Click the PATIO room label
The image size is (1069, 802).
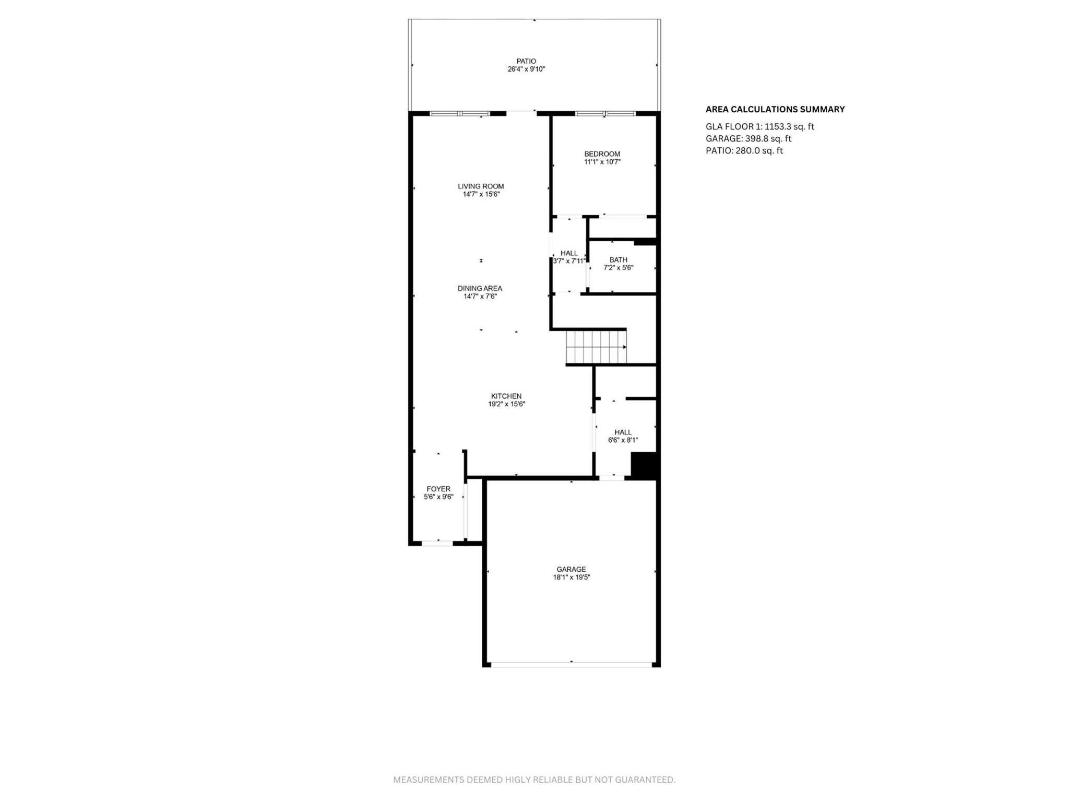[x=526, y=61]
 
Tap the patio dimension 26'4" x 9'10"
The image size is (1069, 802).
[x=526, y=69]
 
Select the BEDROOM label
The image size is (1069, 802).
[x=602, y=154]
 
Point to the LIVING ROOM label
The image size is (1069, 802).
[x=481, y=186]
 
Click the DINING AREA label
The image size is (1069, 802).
[x=480, y=288]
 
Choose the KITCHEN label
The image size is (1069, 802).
[x=506, y=396]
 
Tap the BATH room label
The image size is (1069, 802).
[x=618, y=260]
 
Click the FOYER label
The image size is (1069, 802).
[x=438, y=489]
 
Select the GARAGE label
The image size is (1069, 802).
[x=571, y=570]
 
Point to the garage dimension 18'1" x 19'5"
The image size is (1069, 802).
[x=571, y=577]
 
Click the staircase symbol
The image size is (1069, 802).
[x=596, y=347]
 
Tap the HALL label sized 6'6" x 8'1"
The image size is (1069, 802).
[x=623, y=432]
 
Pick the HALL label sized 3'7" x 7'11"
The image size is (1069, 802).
[x=569, y=253]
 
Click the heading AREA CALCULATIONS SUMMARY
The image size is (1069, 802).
[x=775, y=110]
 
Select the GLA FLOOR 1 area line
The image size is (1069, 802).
[x=759, y=127]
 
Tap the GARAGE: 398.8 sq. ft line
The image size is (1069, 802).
[x=748, y=139]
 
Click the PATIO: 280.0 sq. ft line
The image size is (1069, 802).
[x=744, y=151]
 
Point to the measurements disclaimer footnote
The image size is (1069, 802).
[x=534, y=780]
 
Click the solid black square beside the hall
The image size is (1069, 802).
[x=644, y=465]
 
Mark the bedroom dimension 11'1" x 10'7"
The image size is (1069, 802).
[x=602, y=162]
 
